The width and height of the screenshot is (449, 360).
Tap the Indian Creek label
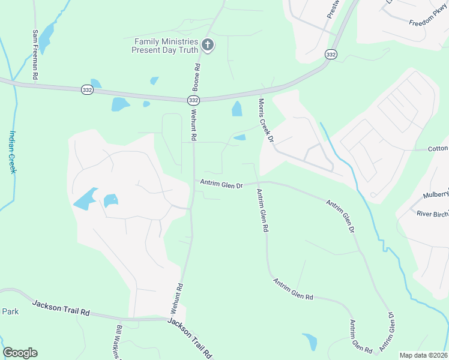point(13,152)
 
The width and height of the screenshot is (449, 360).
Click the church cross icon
point(207,44)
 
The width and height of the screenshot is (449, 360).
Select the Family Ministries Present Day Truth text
point(166,46)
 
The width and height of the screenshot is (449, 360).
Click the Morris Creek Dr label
point(266,120)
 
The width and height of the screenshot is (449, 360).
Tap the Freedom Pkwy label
point(429,19)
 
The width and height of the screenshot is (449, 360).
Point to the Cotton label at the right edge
point(438,149)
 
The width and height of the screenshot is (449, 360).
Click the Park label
point(10,311)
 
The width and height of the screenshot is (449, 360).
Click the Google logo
point(20,353)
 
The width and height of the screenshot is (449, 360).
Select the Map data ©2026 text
point(424,355)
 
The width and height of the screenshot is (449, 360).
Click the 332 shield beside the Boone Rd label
point(193,100)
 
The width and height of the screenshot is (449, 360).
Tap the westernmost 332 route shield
point(87,89)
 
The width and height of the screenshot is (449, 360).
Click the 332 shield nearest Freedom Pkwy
point(330,54)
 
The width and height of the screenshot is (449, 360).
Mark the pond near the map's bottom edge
point(310,341)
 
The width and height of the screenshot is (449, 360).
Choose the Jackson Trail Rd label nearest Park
point(61,309)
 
